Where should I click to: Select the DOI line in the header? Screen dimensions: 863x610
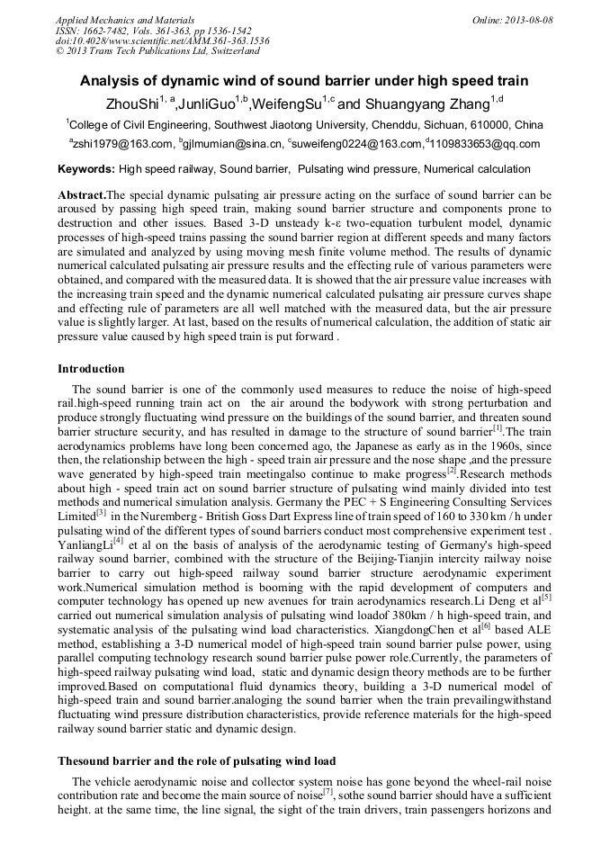[x=162, y=40]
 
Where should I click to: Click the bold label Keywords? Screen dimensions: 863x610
[x=86, y=169]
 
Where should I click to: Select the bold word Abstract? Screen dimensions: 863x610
[x=81, y=195]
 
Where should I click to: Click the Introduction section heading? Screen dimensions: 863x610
[x=91, y=369]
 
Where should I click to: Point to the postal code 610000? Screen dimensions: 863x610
[x=490, y=125]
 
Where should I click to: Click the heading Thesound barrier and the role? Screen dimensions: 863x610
[x=196, y=761]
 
